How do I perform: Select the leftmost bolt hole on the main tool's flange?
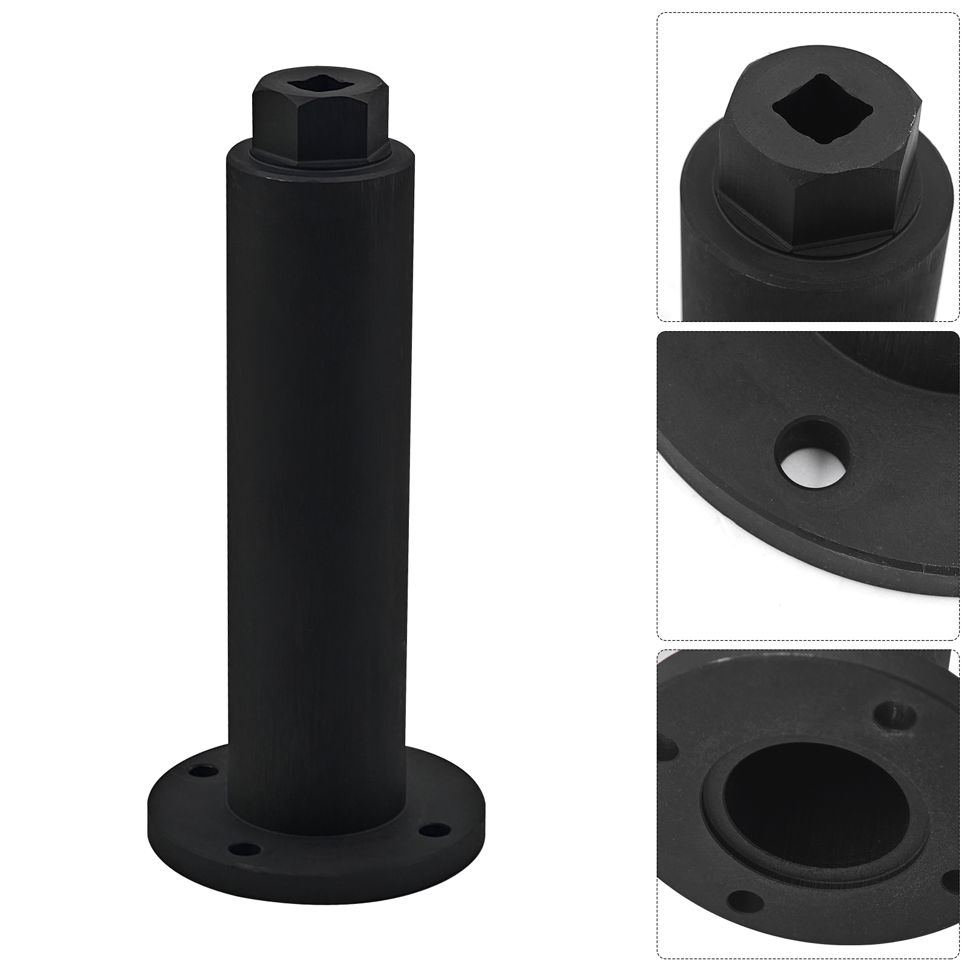point(197,773)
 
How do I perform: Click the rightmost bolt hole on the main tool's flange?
point(433,827)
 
